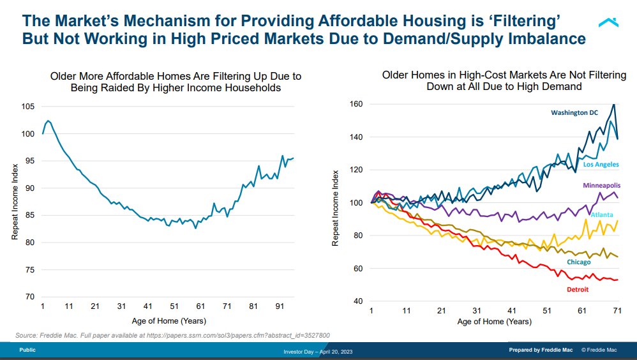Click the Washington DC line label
(574, 112)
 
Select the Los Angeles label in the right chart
(601, 164)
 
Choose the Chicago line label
(578, 262)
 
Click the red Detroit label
(578, 289)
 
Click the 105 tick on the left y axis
(28, 107)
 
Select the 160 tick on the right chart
(356, 103)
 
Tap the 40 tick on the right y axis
(359, 301)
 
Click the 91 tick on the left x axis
(279, 307)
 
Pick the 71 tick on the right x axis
(617, 311)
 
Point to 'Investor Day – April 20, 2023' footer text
(318, 352)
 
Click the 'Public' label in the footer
(27, 350)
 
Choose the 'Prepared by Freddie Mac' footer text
(541, 350)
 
